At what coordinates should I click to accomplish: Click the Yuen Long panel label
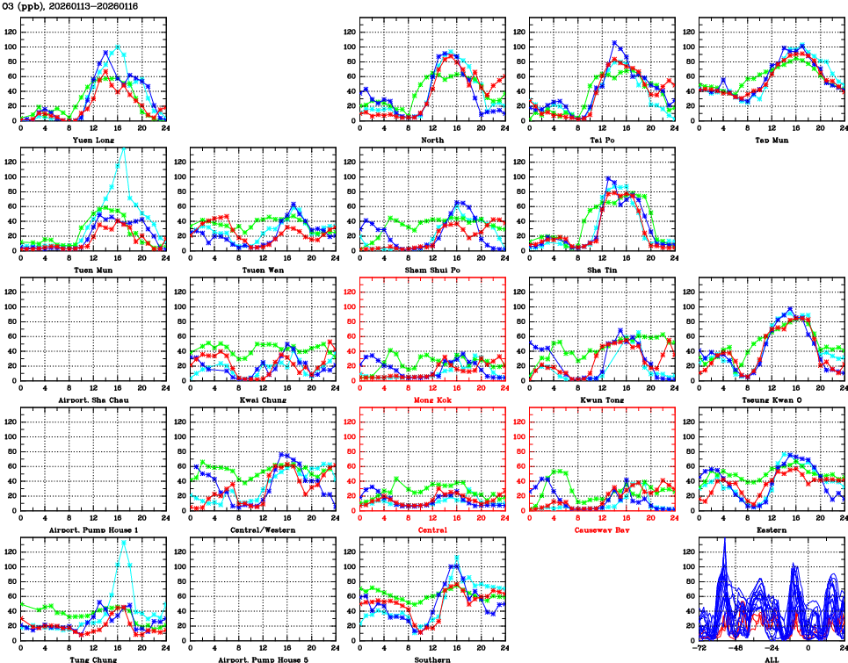[93, 139]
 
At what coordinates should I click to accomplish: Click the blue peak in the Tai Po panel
[615, 42]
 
